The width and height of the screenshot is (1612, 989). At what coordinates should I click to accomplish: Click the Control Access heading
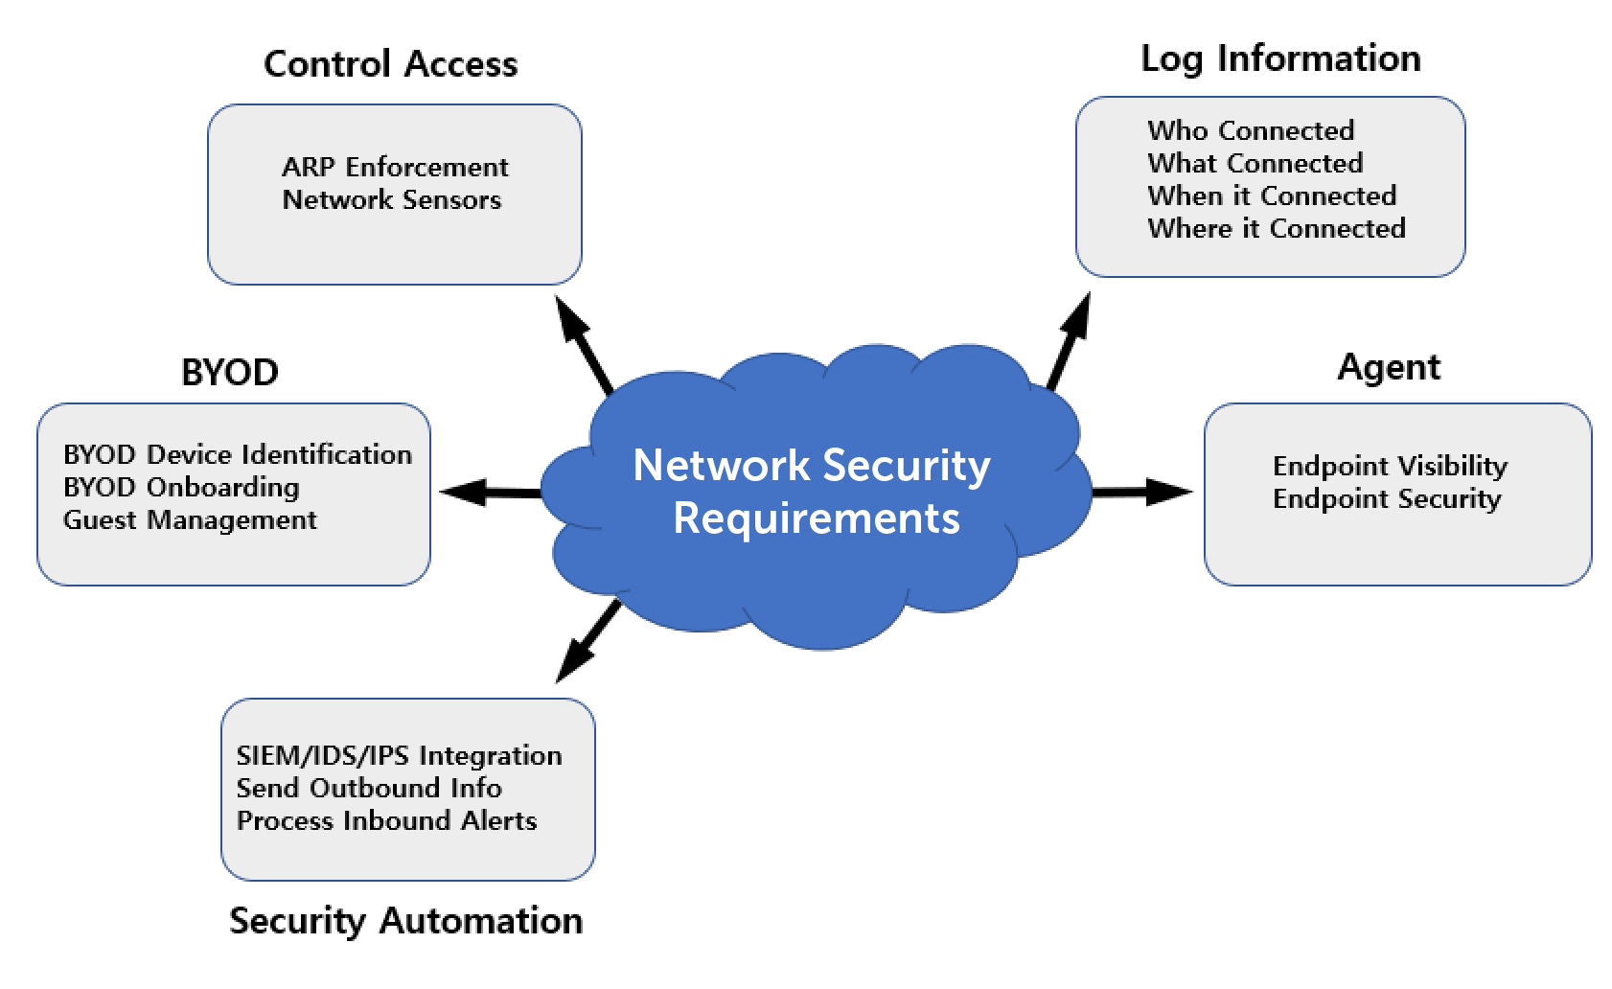(x=390, y=64)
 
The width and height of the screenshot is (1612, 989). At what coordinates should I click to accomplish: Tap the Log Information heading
(x=1280, y=58)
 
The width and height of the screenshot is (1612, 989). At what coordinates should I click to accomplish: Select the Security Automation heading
(x=405, y=921)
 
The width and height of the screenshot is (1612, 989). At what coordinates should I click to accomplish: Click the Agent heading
(x=1389, y=367)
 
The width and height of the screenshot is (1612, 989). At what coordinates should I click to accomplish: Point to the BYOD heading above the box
(x=230, y=372)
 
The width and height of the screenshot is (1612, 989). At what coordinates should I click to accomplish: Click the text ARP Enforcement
(x=395, y=167)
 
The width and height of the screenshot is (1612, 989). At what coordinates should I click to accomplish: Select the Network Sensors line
(x=392, y=199)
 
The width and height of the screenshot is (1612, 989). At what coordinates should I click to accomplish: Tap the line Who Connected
(x=1251, y=130)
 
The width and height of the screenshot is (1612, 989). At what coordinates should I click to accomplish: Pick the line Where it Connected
(x=1277, y=228)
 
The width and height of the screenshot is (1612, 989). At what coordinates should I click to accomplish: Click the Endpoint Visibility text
(x=1390, y=466)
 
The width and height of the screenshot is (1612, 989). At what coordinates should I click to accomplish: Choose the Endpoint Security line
(x=1387, y=498)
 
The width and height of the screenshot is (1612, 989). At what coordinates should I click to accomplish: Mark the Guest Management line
(x=190, y=519)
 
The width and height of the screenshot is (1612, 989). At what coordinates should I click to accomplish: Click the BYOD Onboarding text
(x=181, y=487)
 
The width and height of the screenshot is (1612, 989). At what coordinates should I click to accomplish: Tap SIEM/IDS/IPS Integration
(x=399, y=755)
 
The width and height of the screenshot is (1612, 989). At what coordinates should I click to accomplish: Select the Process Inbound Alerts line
(x=386, y=820)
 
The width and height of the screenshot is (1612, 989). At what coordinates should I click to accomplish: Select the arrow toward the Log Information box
(x=1070, y=341)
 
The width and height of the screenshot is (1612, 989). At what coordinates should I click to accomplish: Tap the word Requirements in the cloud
(x=817, y=518)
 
